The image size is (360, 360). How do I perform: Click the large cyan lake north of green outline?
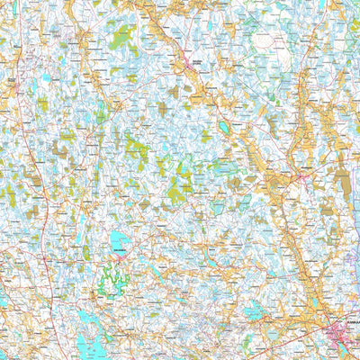pos(119,239)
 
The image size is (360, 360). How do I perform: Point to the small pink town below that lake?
pos(118,256)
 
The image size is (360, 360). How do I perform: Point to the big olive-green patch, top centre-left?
pos(120,37)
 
